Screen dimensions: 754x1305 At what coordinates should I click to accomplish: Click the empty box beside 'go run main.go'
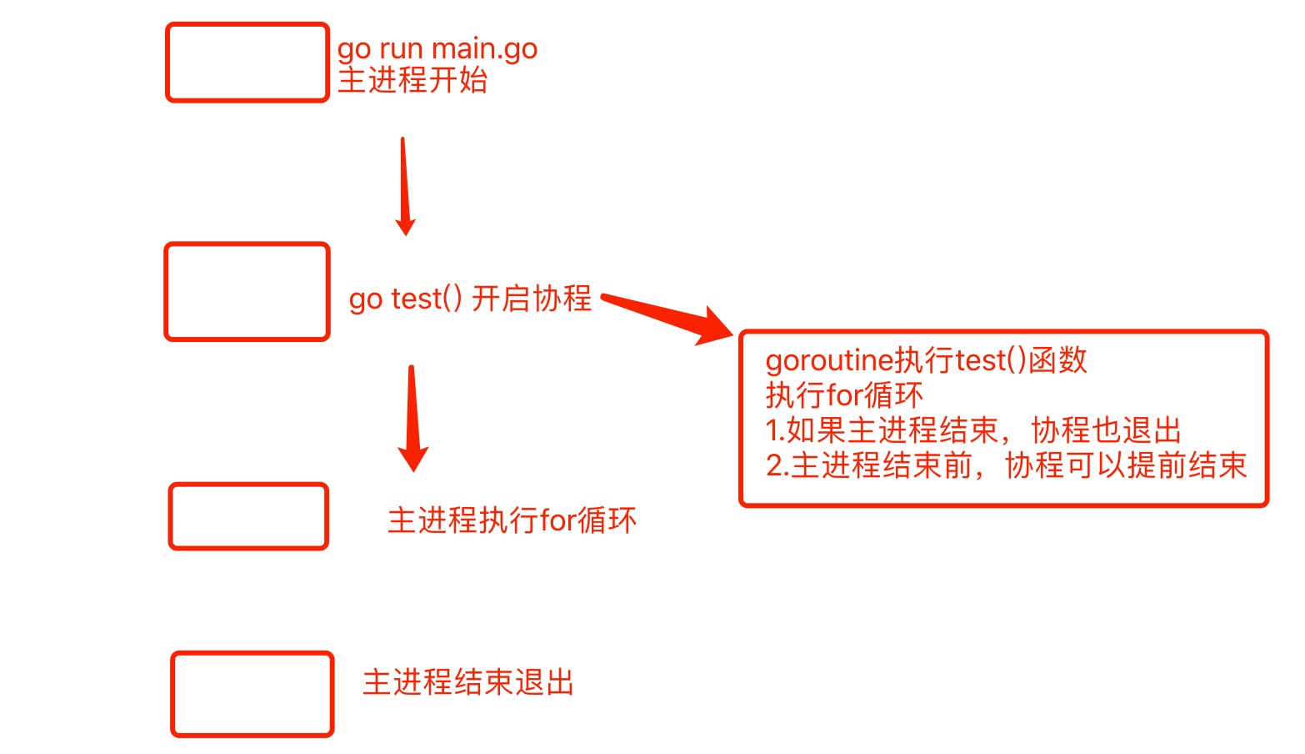[247, 63]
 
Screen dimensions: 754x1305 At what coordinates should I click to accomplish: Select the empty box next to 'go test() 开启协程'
[247, 292]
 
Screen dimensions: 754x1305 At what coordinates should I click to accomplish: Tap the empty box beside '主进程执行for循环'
[248, 516]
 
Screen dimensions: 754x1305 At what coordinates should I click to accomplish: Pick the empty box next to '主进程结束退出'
[252, 694]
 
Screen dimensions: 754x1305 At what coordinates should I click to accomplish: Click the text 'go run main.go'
[437, 49]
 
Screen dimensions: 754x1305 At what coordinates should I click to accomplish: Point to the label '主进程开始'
[412, 81]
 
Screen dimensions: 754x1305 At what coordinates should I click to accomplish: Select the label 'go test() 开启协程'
[470, 299]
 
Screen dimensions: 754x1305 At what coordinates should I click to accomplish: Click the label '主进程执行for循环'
[512, 520]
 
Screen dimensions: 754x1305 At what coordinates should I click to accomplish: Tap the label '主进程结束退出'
[468, 682]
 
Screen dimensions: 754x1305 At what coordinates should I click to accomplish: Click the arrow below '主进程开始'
[404, 186]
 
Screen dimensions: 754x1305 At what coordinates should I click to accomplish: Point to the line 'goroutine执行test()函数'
[926, 360]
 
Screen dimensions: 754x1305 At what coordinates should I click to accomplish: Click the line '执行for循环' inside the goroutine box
[844, 395]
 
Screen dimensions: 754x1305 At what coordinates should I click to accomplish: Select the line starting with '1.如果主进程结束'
[973, 430]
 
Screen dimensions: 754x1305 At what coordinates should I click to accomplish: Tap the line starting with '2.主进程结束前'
[1006, 465]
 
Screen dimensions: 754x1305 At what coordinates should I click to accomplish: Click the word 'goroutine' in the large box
[829, 360]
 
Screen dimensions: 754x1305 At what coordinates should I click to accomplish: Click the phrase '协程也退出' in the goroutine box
[1107, 430]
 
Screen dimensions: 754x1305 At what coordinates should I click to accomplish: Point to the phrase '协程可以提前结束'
[1126, 465]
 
